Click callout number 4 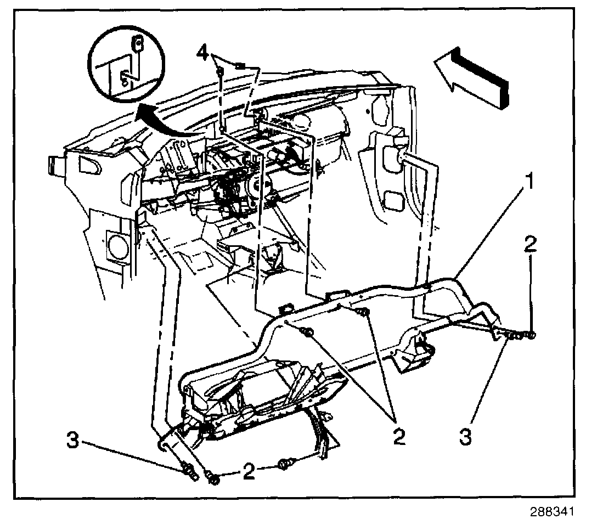coord(203,54)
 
